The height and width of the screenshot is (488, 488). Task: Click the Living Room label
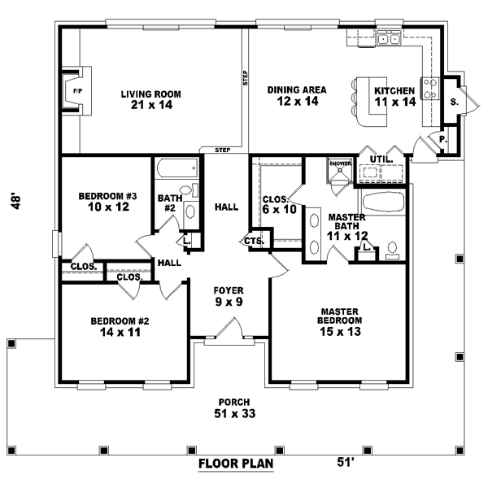[x=150, y=99]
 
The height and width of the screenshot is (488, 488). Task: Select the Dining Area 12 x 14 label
[x=297, y=95]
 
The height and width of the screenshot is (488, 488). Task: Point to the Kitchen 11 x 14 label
[x=394, y=96]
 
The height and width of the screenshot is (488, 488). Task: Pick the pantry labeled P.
[x=443, y=138]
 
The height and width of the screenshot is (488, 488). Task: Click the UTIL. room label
[x=381, y=159]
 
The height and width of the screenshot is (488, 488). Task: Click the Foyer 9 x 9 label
[x=229, y=296]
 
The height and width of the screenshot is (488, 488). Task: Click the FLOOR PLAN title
[x=235, y=465]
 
